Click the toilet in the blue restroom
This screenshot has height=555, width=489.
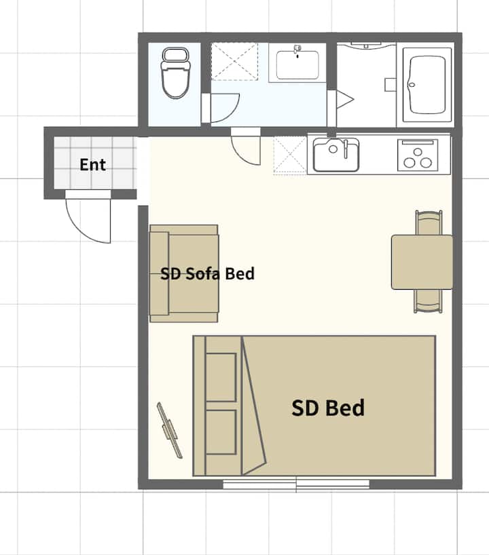tap(175, 73)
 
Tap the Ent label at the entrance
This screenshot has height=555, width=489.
tap(92, 165)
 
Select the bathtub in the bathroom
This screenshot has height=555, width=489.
tap(427, 85)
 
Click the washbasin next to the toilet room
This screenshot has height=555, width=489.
tap(297, 64)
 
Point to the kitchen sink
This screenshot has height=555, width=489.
tap(336, 155)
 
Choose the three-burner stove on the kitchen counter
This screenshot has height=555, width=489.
tap(418, 155)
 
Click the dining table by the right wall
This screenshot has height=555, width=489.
tap(422, 262)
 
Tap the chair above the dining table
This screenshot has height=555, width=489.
tap(429, 223)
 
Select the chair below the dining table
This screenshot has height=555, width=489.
tap(429, 301)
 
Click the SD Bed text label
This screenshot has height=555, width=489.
tap(328, 407)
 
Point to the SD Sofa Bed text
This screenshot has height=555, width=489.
tap(207, 273)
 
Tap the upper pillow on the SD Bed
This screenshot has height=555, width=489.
tap(221, 377)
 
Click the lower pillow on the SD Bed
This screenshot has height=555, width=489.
tap(221, 432)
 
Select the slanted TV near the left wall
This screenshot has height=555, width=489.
tap(170, 430)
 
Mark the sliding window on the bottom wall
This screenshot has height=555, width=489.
tap(296, 484)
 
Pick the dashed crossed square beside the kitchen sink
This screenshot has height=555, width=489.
tap(290, 155)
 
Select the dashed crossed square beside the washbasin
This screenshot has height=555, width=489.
tap(234, 62)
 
